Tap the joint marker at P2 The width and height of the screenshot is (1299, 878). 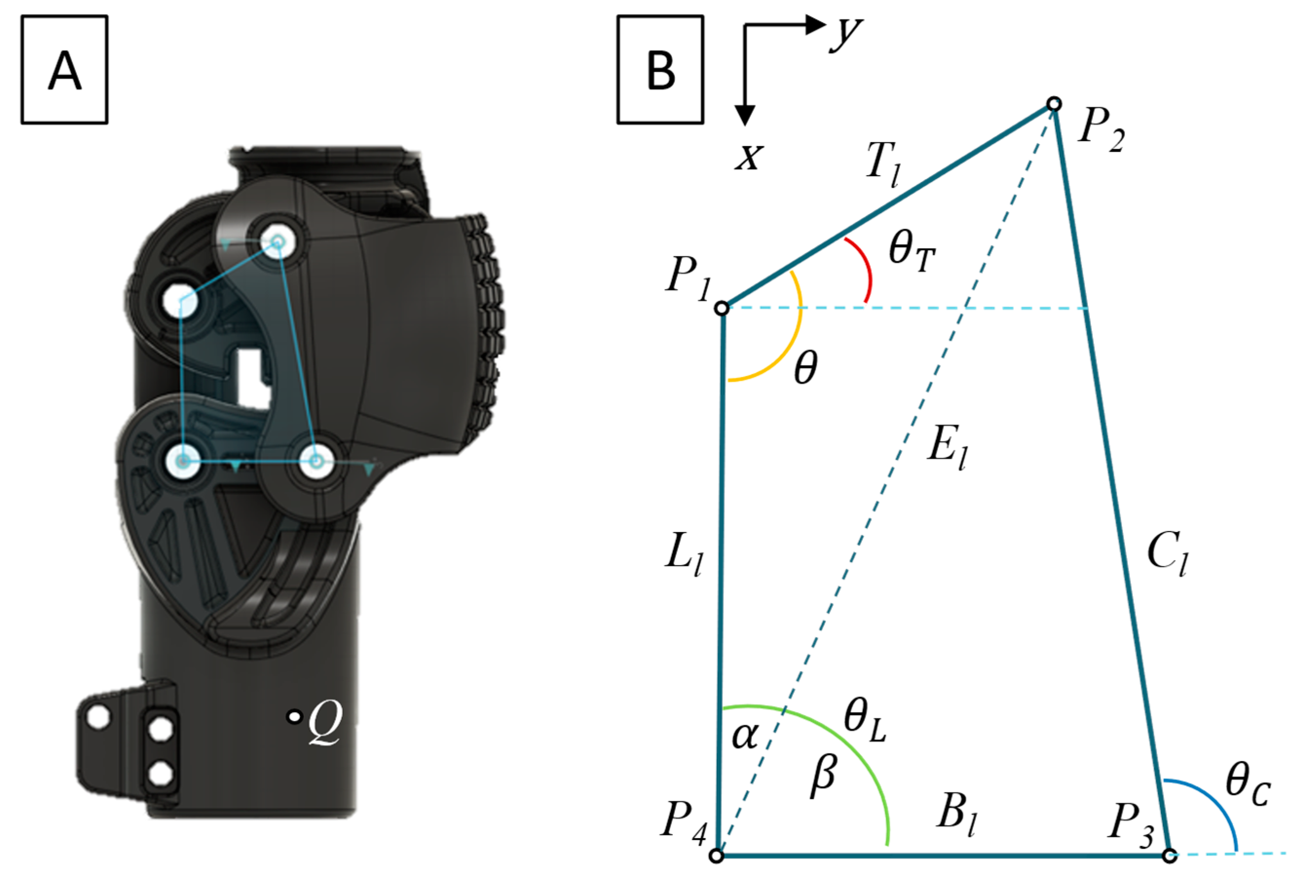point(1054,104)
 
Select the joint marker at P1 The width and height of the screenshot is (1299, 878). point(722,308)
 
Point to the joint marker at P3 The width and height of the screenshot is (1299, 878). point(1169,855)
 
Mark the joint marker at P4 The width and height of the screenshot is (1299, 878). point(717,855)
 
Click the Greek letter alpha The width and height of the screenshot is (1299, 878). point(745,736)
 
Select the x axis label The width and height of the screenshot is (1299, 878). point(748,157)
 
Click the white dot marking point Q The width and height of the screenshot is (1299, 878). point(294,716)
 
